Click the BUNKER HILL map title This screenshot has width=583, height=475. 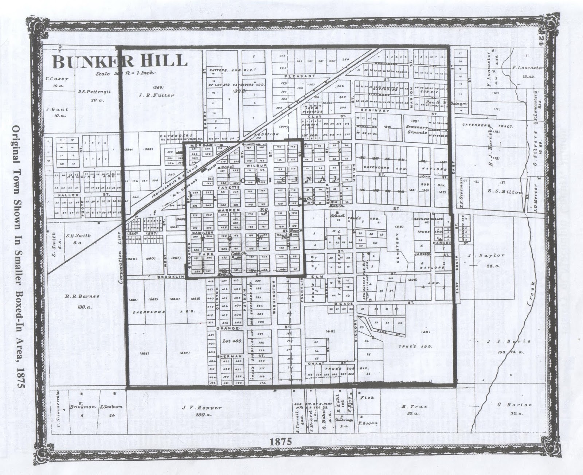click(x=120, y=62)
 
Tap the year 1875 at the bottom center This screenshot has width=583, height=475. click(x=281, y=441)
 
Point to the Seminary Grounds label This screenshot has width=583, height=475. click(x=417, y=129)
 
